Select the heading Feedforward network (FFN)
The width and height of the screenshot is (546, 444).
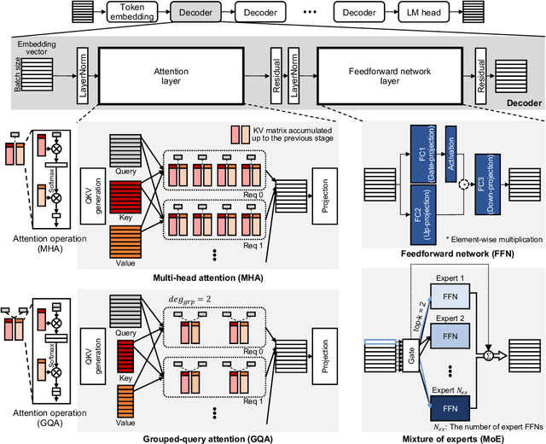pos(448,255)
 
